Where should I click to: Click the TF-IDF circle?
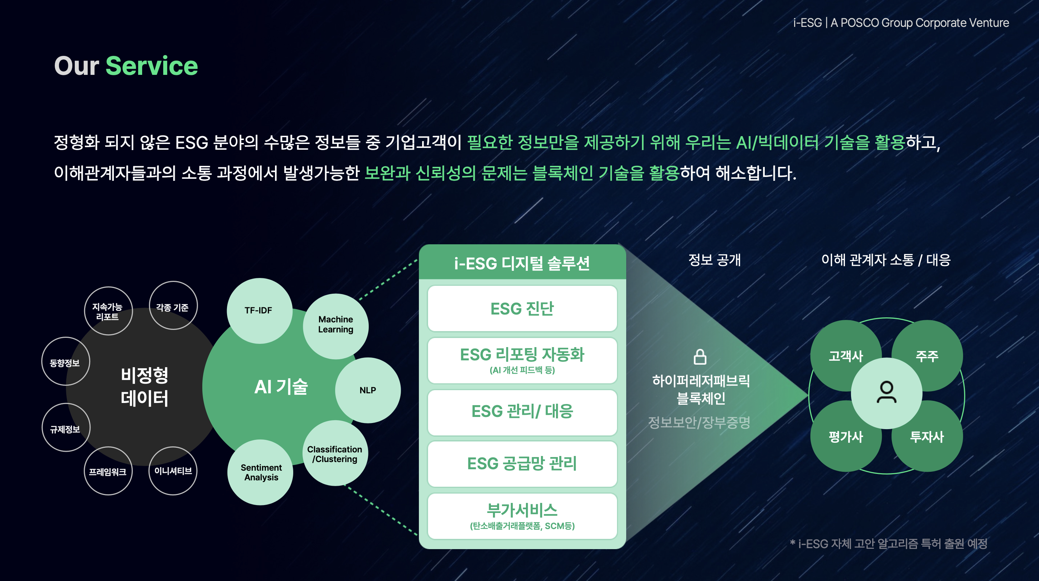point(259,311)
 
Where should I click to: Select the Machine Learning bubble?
point(335,326)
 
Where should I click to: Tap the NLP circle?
point(368,390)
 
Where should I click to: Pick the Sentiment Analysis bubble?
point(261,472)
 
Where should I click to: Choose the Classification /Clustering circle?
point(335,453)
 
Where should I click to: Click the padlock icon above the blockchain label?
point(700,357)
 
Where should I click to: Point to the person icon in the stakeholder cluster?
point(886,392)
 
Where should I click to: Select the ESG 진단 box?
point(522,309)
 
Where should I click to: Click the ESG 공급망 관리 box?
point(522,464)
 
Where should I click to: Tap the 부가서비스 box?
point(522,516)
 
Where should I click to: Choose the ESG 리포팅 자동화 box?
point(522,361)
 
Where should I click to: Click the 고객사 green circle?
point(846,355)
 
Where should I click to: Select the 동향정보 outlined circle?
point(66,361)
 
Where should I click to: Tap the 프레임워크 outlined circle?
point(108,471)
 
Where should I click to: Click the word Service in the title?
point(152,66)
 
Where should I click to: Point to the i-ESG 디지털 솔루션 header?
point(522,263)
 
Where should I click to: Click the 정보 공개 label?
point(714,260)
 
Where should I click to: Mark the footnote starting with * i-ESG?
point(889,543)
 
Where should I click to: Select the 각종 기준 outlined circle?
point(173,306)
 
